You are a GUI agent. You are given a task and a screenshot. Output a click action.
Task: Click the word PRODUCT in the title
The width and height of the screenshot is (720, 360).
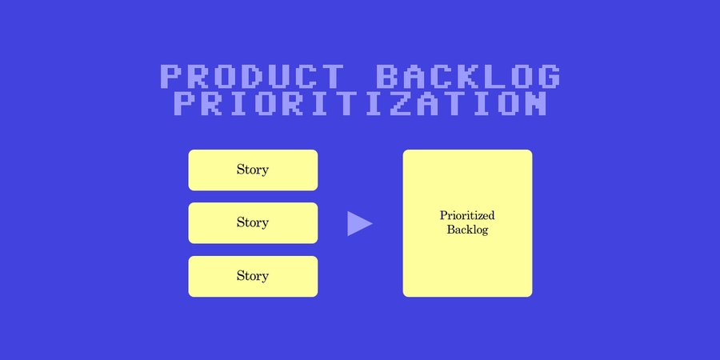tap(253, 77)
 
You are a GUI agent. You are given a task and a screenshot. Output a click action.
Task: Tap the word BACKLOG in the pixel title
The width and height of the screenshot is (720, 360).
tap(467, 77)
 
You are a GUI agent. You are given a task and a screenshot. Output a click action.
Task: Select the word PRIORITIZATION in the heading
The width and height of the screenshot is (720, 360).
tap(360, 104)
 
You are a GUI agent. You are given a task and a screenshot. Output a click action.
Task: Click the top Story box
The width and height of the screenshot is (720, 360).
tap(253, 170)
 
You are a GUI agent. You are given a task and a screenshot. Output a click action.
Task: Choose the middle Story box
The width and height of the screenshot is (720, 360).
tap(253, 222)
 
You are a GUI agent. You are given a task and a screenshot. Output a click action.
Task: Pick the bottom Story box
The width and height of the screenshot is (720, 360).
tap(253, 276)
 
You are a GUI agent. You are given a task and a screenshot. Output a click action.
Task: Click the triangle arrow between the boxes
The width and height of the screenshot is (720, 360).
tap(358, 224)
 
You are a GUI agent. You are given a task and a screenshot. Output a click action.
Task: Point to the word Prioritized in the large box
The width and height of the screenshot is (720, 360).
tap(467, 216)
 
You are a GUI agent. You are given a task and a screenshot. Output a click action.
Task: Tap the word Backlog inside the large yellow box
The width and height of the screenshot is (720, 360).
tap(467, 230)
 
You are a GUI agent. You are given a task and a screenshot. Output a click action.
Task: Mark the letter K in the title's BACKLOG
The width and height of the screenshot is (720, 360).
tap(467, 77)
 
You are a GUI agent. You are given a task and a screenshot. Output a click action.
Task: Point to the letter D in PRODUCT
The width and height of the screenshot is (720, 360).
tap(253, 77)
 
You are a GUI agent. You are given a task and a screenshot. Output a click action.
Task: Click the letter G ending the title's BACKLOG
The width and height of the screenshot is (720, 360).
tap(547, 77)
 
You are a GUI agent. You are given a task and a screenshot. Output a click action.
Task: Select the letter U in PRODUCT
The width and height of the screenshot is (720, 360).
tap(280, 77)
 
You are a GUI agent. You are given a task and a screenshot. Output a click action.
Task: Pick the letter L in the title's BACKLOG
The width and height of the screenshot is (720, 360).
tap(494, 77)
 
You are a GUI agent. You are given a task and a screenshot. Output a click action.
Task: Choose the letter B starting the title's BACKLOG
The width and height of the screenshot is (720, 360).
tap(387, 77)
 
